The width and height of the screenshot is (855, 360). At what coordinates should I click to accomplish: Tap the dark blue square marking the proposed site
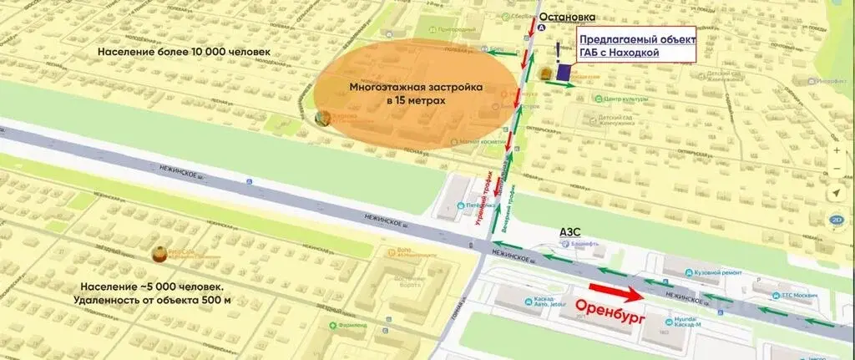(564, 73)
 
